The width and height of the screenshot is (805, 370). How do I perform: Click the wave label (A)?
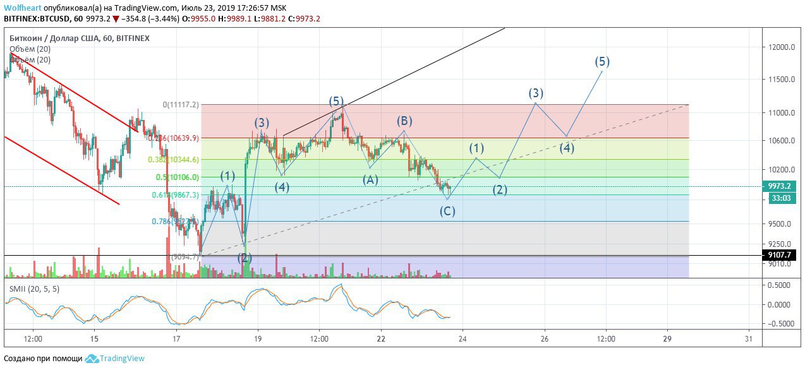coord(370,179)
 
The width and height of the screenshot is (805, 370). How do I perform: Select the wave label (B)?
coord(404,121)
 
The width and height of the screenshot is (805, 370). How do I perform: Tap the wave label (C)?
coord(447,211)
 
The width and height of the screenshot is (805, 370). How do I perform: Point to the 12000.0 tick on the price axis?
coord(781,47)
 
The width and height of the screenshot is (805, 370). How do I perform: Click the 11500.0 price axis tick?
coord(781,80)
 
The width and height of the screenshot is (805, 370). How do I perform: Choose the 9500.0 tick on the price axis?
coord(781,224)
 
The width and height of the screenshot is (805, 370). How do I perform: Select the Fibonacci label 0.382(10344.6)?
coord(174,160)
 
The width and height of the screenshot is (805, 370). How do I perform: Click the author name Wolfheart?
coord(23,8)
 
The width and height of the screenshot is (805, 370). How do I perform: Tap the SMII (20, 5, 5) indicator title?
coord(34,289)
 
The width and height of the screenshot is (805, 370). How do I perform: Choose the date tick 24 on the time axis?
coord(463,339)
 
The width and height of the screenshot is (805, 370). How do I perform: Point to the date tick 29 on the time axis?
coord(667,339)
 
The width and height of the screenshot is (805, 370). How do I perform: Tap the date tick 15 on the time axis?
coord(94,339)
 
